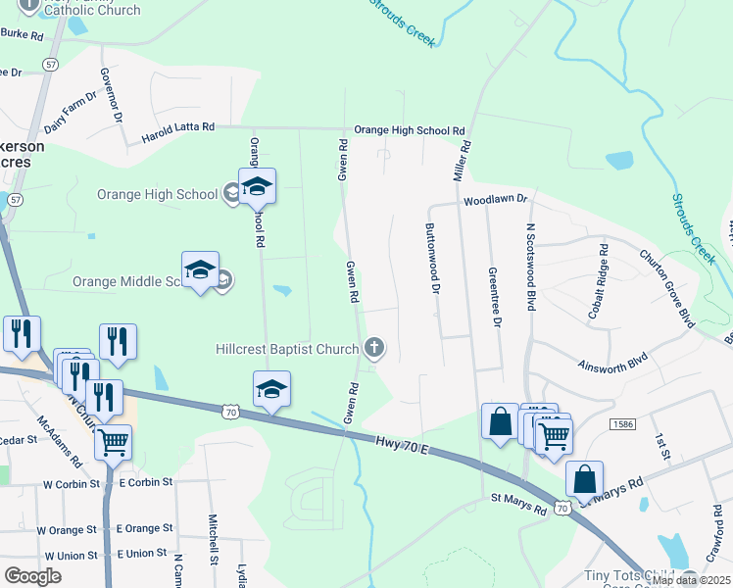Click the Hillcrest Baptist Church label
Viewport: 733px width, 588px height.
pyautogui.click(x=286, y=349)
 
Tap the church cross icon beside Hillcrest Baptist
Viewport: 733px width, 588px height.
pyautogui.click(x=373, y=347)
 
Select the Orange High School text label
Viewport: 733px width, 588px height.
pyautogui.click(x=157, y=194)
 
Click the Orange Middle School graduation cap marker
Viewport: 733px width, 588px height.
pyautogui.click(x=200, y=271)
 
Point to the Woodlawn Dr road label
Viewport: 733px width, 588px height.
pyautogui.click(x=496, y=200)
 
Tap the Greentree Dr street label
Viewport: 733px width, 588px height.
pyautogui.click(x=496, y=297)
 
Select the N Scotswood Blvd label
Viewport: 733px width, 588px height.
pyautogui.click(x=530, y=267)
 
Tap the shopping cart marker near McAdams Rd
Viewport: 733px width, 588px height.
pyautogui.click(x=114, y=442)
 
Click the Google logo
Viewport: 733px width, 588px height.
pyautogui.click(x=33, y=575)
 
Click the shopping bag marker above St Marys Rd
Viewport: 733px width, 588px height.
pyautogui.click(x=585, y=480)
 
